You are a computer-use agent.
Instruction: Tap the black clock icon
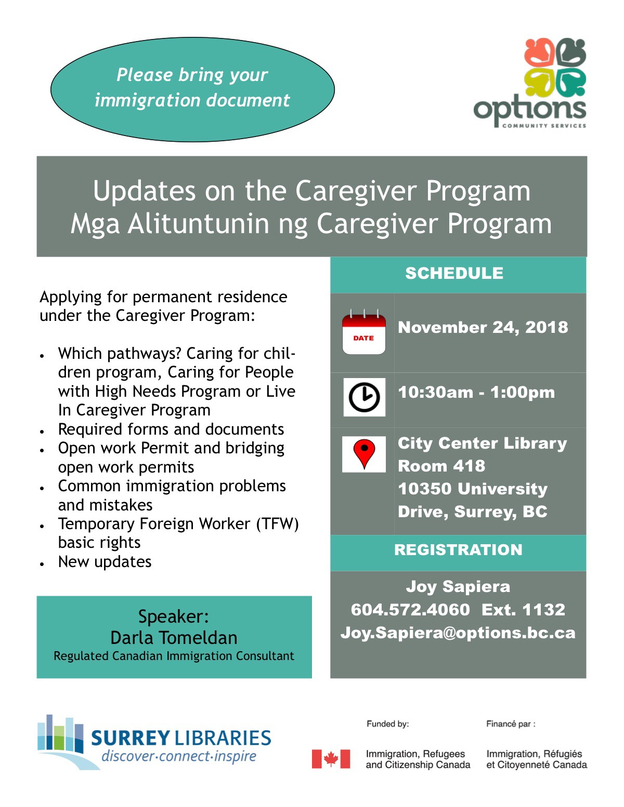pos(364,397)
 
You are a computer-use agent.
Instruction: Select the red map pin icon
pos(364,453)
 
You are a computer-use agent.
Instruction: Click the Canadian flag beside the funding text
pos(331,759)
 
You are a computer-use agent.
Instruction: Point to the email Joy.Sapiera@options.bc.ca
pos(458,633)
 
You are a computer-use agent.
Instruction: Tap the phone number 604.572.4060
pos(410,609)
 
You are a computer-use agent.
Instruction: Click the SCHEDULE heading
pos(454,273)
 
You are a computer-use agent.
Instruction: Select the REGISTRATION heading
pos(458,550)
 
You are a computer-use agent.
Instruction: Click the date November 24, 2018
pos(483,327)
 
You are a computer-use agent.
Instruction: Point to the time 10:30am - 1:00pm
pos(476,392)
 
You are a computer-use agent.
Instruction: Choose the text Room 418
pos(441,466)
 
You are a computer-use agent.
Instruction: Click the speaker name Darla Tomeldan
pos(174,637)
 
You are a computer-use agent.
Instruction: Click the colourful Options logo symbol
pos(555,68)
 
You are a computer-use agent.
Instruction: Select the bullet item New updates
pos(105,562)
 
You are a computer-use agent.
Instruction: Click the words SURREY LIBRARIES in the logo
pos(181,738)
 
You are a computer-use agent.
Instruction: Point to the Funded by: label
pos(387,724)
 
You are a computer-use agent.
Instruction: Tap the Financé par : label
pos(511,724)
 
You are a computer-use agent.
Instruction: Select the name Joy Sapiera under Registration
pos(458,586)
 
